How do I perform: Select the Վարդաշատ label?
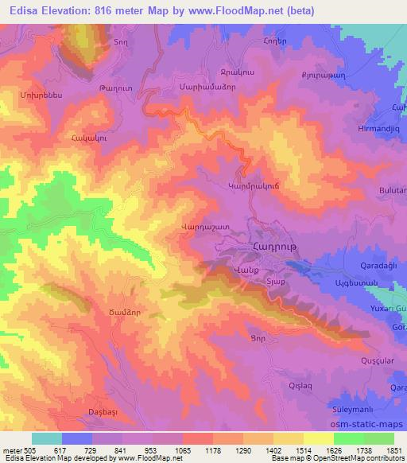[206, 227]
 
